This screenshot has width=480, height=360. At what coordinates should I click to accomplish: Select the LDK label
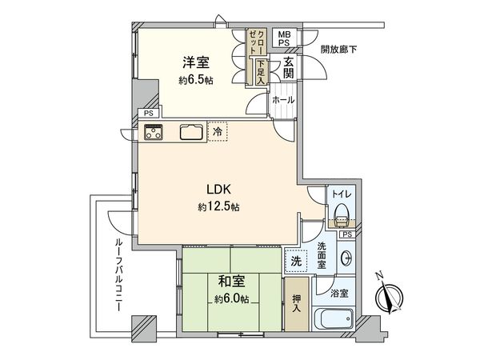218,190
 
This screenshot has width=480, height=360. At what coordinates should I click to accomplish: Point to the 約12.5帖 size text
218,207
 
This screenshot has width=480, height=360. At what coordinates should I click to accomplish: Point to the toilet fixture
342,215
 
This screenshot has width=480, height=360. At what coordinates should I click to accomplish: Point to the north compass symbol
390,297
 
